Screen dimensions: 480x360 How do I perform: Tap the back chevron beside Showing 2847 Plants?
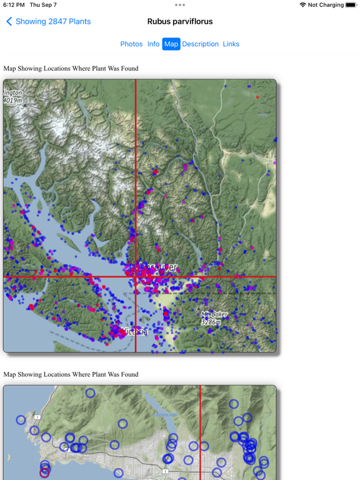point(9,21)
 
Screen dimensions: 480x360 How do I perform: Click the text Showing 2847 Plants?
point(53,21)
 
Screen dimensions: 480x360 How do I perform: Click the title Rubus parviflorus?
point(180,21)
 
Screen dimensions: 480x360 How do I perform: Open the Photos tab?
point(131,44)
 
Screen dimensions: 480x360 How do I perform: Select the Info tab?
point(153,44)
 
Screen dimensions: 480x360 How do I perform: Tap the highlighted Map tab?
point(171,44)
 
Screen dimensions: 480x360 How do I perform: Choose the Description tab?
point(200,44)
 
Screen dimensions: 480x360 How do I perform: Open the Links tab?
point(231,44)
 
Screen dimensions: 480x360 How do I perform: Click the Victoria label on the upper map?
point(135,331)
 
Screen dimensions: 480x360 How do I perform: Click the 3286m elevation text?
point(211,322)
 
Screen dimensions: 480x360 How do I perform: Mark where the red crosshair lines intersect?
point(136,277)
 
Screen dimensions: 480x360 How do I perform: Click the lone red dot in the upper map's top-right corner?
point(257,97)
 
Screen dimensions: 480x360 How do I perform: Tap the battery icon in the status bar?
point(351,5)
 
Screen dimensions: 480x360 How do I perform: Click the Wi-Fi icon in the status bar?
point(302,5)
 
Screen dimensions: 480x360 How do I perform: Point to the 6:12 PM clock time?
point(14,5)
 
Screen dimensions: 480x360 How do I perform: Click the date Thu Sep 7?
point(43,5)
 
